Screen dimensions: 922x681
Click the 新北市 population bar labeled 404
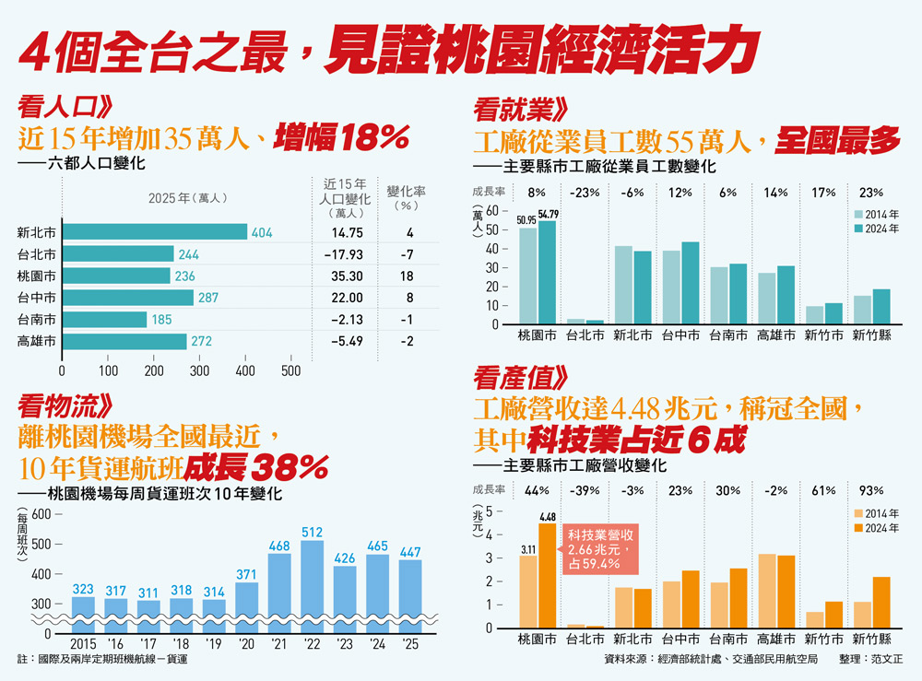pos(155,232)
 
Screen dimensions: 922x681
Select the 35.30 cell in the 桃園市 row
pos(347,276)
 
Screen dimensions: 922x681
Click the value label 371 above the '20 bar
pos(246,574)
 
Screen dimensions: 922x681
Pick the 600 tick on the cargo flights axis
pos(41,514)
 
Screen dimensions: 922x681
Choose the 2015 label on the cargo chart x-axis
pos(83,644)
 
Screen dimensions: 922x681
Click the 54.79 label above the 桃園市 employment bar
pos(548,214)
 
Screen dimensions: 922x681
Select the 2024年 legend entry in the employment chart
pos(877,229)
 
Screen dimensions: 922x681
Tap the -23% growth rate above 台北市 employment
pos(585,193)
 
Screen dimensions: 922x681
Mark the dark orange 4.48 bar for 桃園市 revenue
pos(548,576)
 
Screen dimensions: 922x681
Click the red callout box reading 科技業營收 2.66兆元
pos(600,549)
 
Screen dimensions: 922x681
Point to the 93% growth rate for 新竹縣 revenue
pos(871,490)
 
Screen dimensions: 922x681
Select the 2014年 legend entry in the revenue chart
pos(877,513)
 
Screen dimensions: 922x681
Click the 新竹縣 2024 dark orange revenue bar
pos(881,603)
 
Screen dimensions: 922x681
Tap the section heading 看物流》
pos(65,406)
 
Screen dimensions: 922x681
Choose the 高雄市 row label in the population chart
pos(37,341)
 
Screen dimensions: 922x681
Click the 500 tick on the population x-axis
pos(291,370)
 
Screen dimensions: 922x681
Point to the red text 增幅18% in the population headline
pos(341,137)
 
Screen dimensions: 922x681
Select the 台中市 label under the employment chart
pos(680,335)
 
